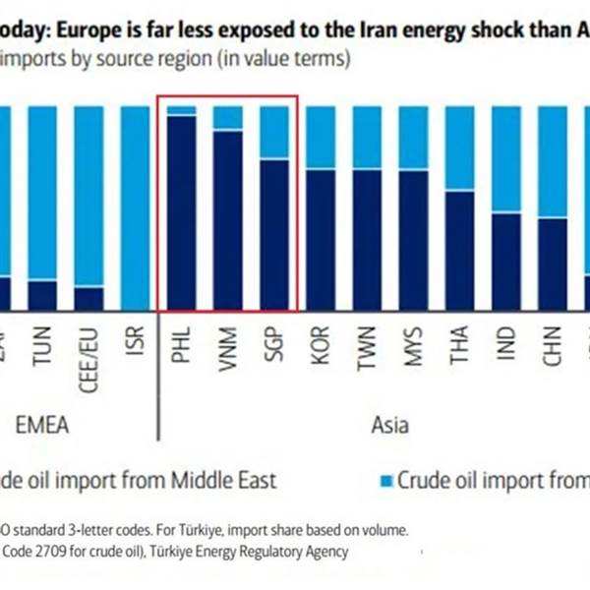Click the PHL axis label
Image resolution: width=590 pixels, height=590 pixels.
(x=181, y=345)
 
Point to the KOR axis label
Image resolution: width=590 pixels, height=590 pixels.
(x=321, y=345)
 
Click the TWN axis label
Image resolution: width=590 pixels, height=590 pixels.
(x=367, y=345)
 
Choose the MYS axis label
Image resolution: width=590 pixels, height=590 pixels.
(x=413, y=345)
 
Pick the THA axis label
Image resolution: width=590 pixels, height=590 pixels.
(x=460, y=345)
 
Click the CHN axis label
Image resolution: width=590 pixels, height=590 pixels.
(x=553, y=345)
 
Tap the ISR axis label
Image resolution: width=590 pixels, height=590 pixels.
(x=135, y=345)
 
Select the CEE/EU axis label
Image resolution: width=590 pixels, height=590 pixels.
(x=88, y=353)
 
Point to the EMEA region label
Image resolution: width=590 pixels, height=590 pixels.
(x=48, y=426)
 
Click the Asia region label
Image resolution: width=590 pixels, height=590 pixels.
(x=389, y=426)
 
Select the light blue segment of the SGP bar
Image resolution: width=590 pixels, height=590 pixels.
(x=274, y=132)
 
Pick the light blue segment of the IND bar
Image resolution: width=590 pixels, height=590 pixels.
(x=506, y=158)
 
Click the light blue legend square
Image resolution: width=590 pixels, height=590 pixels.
(x=384, y=481)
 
